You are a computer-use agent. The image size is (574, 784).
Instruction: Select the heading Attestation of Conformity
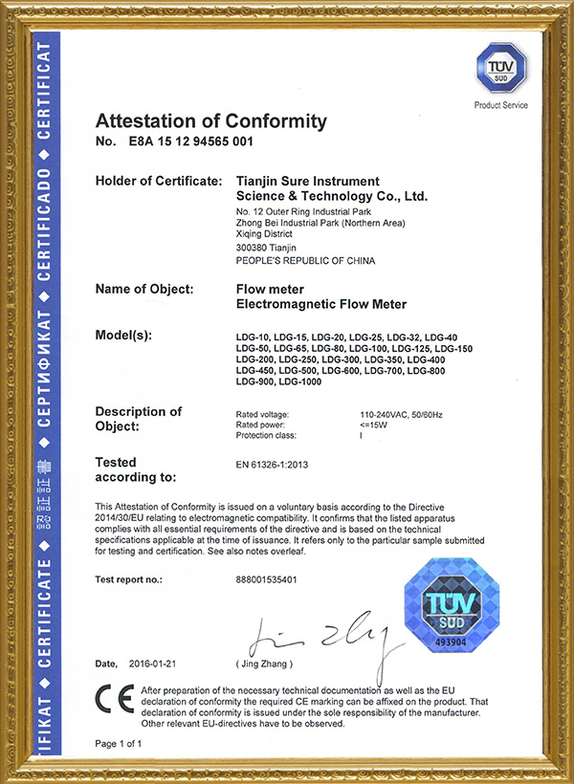coord(211,121)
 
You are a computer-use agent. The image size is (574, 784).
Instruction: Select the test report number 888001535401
coord(274,579)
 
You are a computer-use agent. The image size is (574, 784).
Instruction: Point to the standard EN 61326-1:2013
coord(272,465)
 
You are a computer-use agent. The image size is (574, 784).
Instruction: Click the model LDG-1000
coord(299,382)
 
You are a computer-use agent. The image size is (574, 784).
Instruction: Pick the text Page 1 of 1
coord(119,743)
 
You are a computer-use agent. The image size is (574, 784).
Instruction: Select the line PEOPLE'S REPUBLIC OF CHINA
coord(305,260)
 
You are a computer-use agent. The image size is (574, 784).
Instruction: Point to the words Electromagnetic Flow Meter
coord(320,304)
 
